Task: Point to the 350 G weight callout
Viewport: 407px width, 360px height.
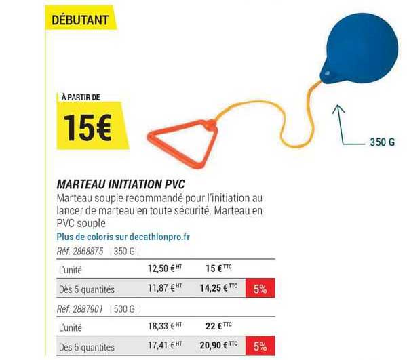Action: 381,143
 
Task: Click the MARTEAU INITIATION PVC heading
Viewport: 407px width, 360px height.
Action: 121,184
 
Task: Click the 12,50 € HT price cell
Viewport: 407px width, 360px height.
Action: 165,268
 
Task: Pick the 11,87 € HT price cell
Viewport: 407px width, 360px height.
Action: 165,288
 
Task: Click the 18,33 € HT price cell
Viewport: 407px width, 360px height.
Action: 165,326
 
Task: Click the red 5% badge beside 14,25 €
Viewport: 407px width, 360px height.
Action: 259,288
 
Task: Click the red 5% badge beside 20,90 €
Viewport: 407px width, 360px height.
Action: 259,346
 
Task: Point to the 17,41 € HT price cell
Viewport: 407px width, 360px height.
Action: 165,346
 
